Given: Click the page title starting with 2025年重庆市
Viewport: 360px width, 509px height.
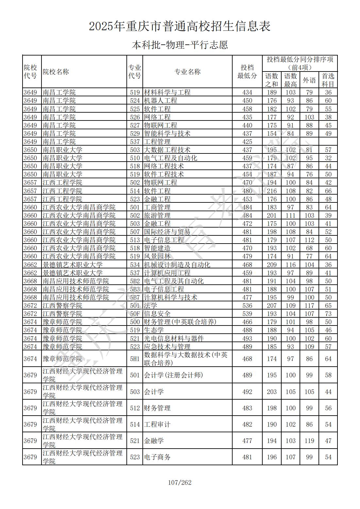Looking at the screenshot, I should [180, 26].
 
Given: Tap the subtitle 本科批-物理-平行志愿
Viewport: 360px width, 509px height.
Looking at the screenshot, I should [180, 45].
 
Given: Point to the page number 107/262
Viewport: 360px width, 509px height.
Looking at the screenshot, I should [180, 482].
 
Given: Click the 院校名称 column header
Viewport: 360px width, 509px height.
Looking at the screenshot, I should [56, 72].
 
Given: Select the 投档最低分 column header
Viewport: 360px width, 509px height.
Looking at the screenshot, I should [247, 72].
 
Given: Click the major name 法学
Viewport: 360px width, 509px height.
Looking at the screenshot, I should [151, 306].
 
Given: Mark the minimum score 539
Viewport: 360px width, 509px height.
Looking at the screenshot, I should [247, 314].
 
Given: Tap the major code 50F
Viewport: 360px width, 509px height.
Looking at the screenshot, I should [135, 314].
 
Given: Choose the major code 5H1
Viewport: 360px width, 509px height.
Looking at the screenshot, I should [135, 359].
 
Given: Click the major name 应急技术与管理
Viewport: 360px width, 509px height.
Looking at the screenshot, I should [167, 347].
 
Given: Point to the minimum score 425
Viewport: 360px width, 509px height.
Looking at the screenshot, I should [247, 142].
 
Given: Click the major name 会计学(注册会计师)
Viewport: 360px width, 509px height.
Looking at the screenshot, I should [173, 375].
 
